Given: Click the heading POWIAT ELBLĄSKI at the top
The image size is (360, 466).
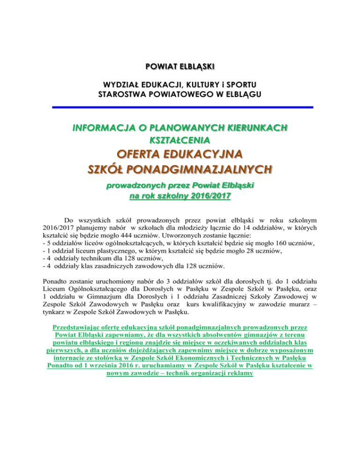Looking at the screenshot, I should click(180, 66).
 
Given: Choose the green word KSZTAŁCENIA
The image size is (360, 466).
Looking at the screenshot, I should click(180, 139).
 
